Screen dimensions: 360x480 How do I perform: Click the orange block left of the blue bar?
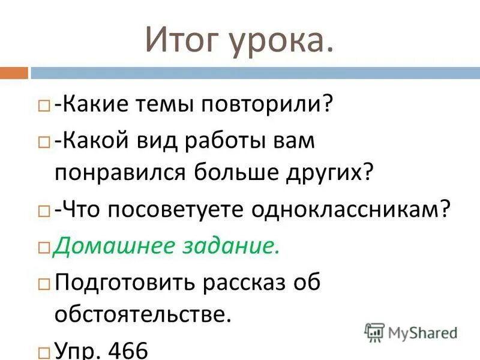click(14, 73)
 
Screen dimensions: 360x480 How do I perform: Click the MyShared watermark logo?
click(411, 332)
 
